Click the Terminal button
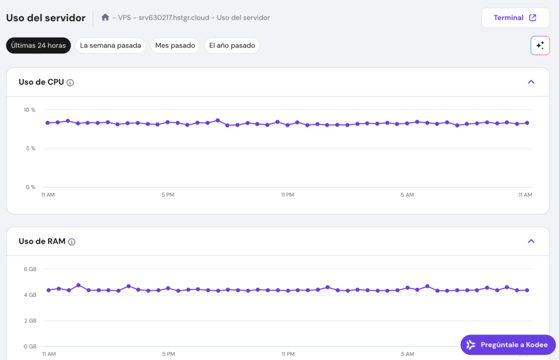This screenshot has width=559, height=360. tap(515, 17)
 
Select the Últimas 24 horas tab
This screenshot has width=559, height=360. tap(38, 45)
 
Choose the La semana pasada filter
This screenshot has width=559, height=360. tap(110, 45)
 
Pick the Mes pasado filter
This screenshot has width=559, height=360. tap(175, 45)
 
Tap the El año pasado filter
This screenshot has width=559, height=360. tap(232, 45)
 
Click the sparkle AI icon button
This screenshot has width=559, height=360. tap(540, 45)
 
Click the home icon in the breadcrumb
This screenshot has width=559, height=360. tap(105, 17)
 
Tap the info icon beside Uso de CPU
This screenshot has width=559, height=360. tap(70, 82)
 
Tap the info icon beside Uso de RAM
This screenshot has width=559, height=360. tap(72, 242)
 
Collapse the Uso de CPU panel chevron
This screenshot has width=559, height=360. tap(531, 82)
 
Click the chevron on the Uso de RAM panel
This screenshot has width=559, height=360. tap(531, 241)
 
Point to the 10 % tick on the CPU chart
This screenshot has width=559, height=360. tap(29, 110)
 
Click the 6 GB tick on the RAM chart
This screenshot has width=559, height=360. tap(30, 269)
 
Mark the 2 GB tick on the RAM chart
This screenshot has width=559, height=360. tap(30, 321)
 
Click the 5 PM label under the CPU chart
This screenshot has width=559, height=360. tap(168, 195)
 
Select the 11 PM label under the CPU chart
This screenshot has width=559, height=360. tap(288, 195)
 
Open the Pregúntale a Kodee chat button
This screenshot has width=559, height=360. tap(508, 345)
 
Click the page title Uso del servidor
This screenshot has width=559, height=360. tap(46, 17)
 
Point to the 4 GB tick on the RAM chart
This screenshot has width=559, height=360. tap(30, 295)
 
